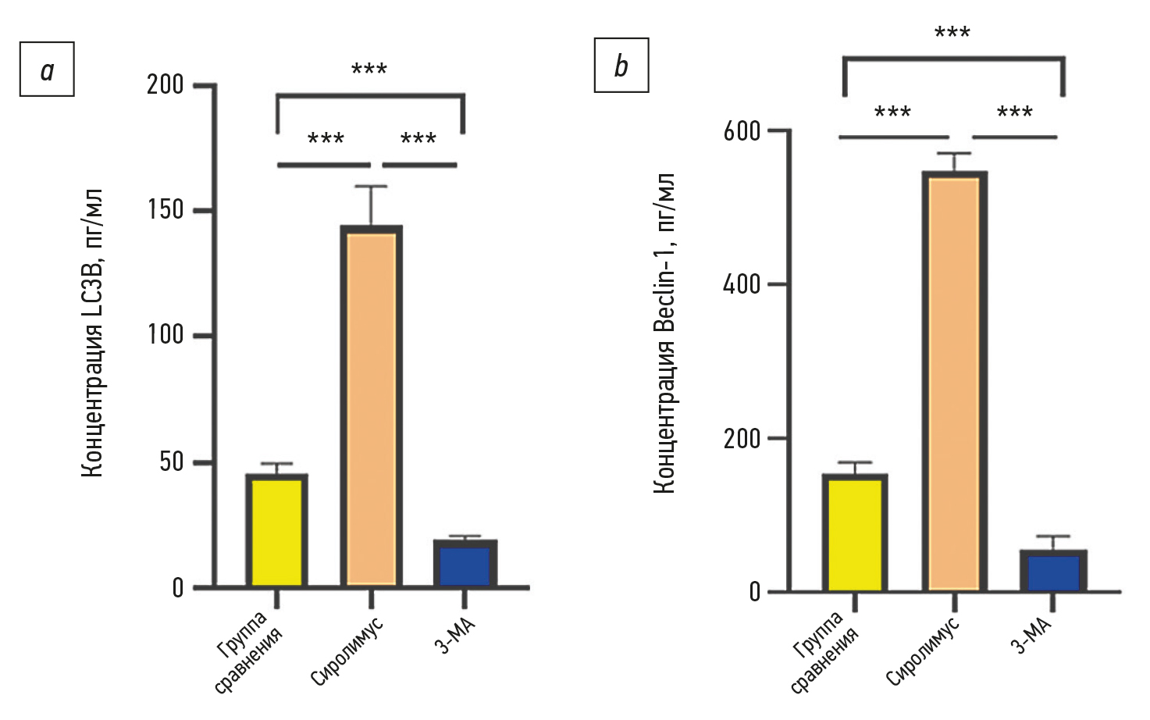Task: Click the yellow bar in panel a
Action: [x=276, y=531]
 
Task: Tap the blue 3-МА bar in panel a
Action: [x=465, y=565]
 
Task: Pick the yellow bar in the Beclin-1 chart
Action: [x=854, y=534]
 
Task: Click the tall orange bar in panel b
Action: [x=954, y=383]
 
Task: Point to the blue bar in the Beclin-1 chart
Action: [x=1052, y=572]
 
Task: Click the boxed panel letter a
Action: [x=47, y=70]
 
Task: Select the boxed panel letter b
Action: [x=621, y=66]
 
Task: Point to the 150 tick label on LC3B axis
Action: [x=165, y=210]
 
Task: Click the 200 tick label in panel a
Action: [x=165, y=84]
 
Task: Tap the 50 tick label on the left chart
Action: [x=171, y=462]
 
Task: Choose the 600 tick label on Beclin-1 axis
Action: [x=742, y=130]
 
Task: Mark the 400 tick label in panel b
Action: [x=742, y=284]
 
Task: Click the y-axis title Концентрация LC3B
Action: [x=93, y=333]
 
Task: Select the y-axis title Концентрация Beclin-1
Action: [x=664, y=333]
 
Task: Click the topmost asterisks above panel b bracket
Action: [x=952, y=34]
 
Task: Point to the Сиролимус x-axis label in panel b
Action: [x=923, y=650]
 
